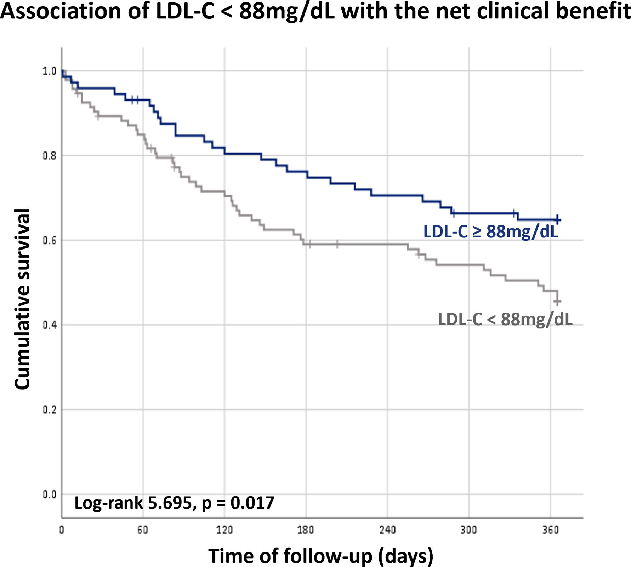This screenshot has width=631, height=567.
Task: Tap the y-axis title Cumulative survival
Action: (x=22, y=299)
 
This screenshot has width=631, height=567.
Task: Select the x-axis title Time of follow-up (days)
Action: (x=320, y=556)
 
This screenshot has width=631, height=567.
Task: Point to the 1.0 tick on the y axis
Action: (x=49, y=71)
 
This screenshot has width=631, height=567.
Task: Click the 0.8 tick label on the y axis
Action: (x=49, y=156)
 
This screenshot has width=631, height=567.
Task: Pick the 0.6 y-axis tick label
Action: (x=49, y=240)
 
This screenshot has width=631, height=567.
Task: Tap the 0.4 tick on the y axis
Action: (x=49, y=325)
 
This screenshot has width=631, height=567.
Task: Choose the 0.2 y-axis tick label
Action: (x=49, y=409)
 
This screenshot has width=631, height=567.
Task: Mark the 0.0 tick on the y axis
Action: (x=49, y=494)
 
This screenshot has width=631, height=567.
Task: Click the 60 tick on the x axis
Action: (x=143, y=530)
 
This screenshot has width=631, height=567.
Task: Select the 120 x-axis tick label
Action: (x=224, y=530)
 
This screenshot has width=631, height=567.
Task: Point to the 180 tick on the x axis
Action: (x=306, y=530)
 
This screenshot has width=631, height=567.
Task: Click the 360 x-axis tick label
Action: (x=550, y=530)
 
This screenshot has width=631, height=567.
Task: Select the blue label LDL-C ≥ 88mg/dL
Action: (x=490, y=232)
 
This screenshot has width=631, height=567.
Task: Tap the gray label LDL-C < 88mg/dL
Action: (x=505, y=319)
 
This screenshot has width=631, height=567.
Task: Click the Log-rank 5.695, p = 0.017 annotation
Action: (x=174, y=503)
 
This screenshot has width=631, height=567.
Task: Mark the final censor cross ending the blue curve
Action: (x=557, y=220)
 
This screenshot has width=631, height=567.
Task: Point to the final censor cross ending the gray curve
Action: (x=557, y=302)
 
